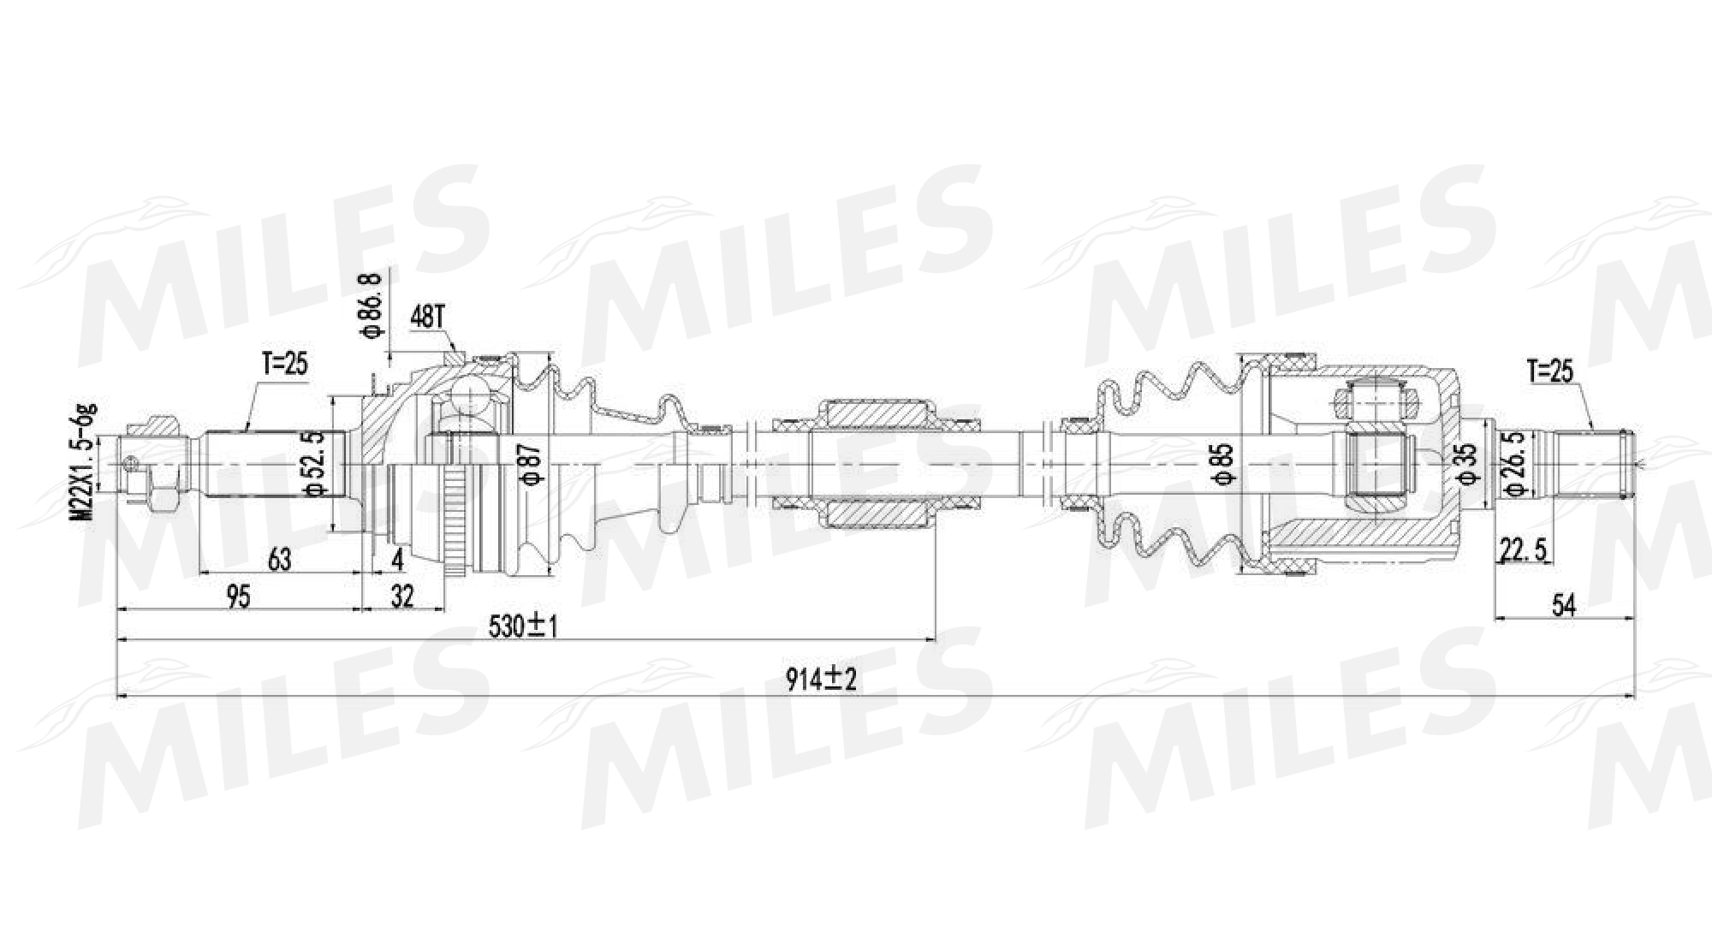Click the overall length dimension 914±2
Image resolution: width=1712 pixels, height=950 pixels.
pyautogui.click(x=821, y=680)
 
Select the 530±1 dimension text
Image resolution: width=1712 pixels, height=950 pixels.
pyautogui.click(x=522, y=627)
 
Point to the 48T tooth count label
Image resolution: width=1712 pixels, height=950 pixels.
pyautogui.click(x=427, y=318)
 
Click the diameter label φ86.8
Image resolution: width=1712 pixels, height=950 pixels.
pyautogui.click(x=370, y=306)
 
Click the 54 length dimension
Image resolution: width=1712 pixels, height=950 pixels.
pyautogui.click(x=1563, y=605)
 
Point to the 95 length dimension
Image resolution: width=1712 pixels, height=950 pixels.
pyautogui.click(x=239, y=597)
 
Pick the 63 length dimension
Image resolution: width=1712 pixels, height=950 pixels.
pyautogui.click(x=279, y=560)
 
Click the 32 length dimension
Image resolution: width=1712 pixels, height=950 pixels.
pyautogui.click(x=401, y=597)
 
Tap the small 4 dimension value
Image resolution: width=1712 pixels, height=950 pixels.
pyautogui.click(x=396, y=560)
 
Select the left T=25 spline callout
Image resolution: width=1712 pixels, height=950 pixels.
pyautogui.click(x=283, y=365)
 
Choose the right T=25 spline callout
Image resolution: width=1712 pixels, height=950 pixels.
pyautogui.click(x=1551, y=371)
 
